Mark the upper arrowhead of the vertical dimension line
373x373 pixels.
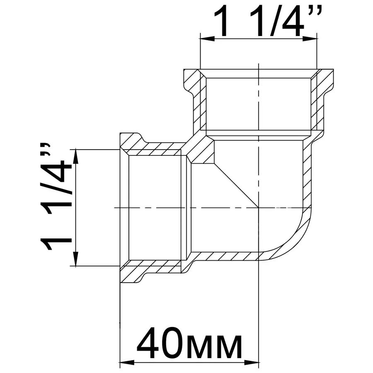pyautogui.click(x=75, y=155)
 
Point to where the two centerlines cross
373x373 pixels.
pyautogui.click(x=259, y=207)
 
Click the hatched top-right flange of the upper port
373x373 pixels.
pyautogui.click(x=325, y=79)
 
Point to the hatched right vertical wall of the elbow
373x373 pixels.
pyautogui.click(x=307, y=174)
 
